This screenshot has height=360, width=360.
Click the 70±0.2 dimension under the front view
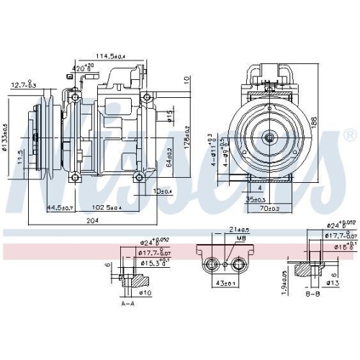pyautogui.click(x=271, y=208)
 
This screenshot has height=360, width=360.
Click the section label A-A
pyautogui.click(x=128, y=303)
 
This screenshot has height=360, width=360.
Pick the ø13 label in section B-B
pyautogui.click(x=332, y=283)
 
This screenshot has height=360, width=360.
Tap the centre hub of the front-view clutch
pyautogui.click(x=269, y=137)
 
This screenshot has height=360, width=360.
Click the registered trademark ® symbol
pyautogui.click(x=349, y=135)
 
